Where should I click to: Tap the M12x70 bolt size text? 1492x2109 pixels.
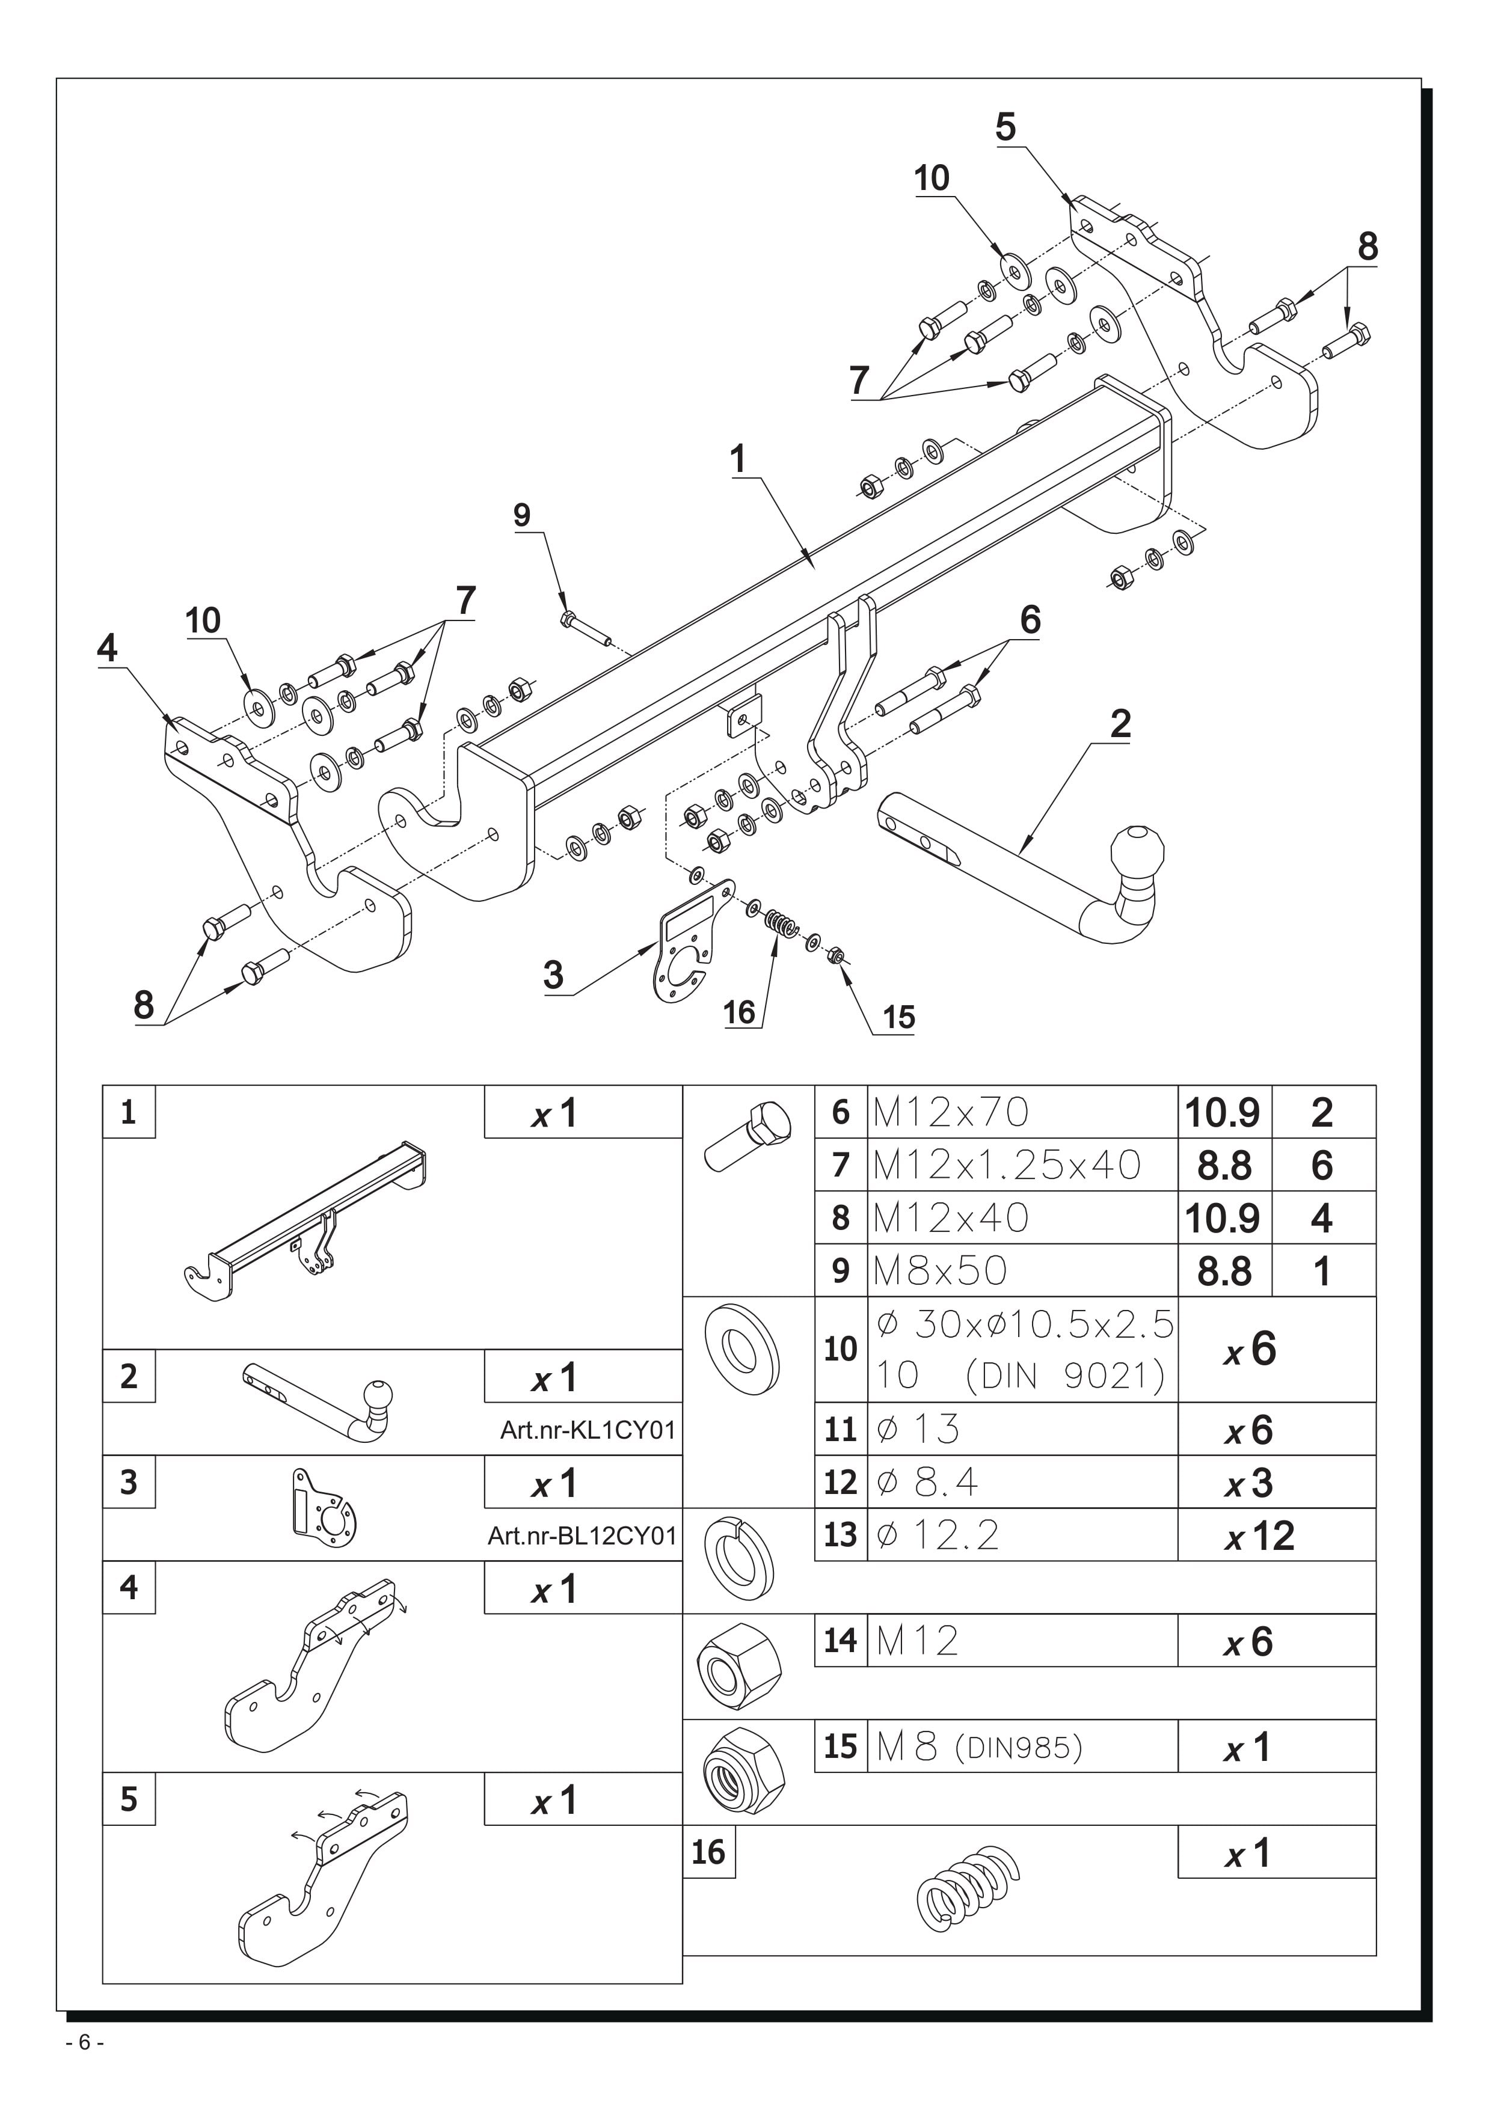pos(951,1112)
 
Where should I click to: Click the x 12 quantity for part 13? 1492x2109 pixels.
pos(1259,1536)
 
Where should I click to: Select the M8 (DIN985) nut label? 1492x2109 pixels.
pos(980,1747)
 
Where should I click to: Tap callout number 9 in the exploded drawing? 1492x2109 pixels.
pos(522,515)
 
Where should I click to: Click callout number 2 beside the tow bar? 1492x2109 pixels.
pos(1120,724)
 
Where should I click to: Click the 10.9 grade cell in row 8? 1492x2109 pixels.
pos(1224,1218)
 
